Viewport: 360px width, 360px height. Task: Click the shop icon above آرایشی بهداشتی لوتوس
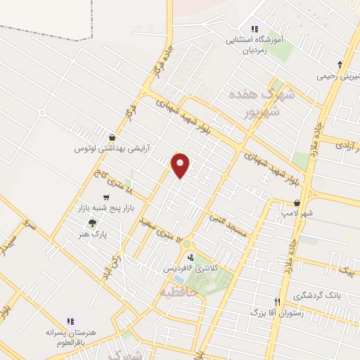click(x=112, y=136)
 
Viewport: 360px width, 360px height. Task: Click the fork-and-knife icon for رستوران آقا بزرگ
click(x=277, y=302)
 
